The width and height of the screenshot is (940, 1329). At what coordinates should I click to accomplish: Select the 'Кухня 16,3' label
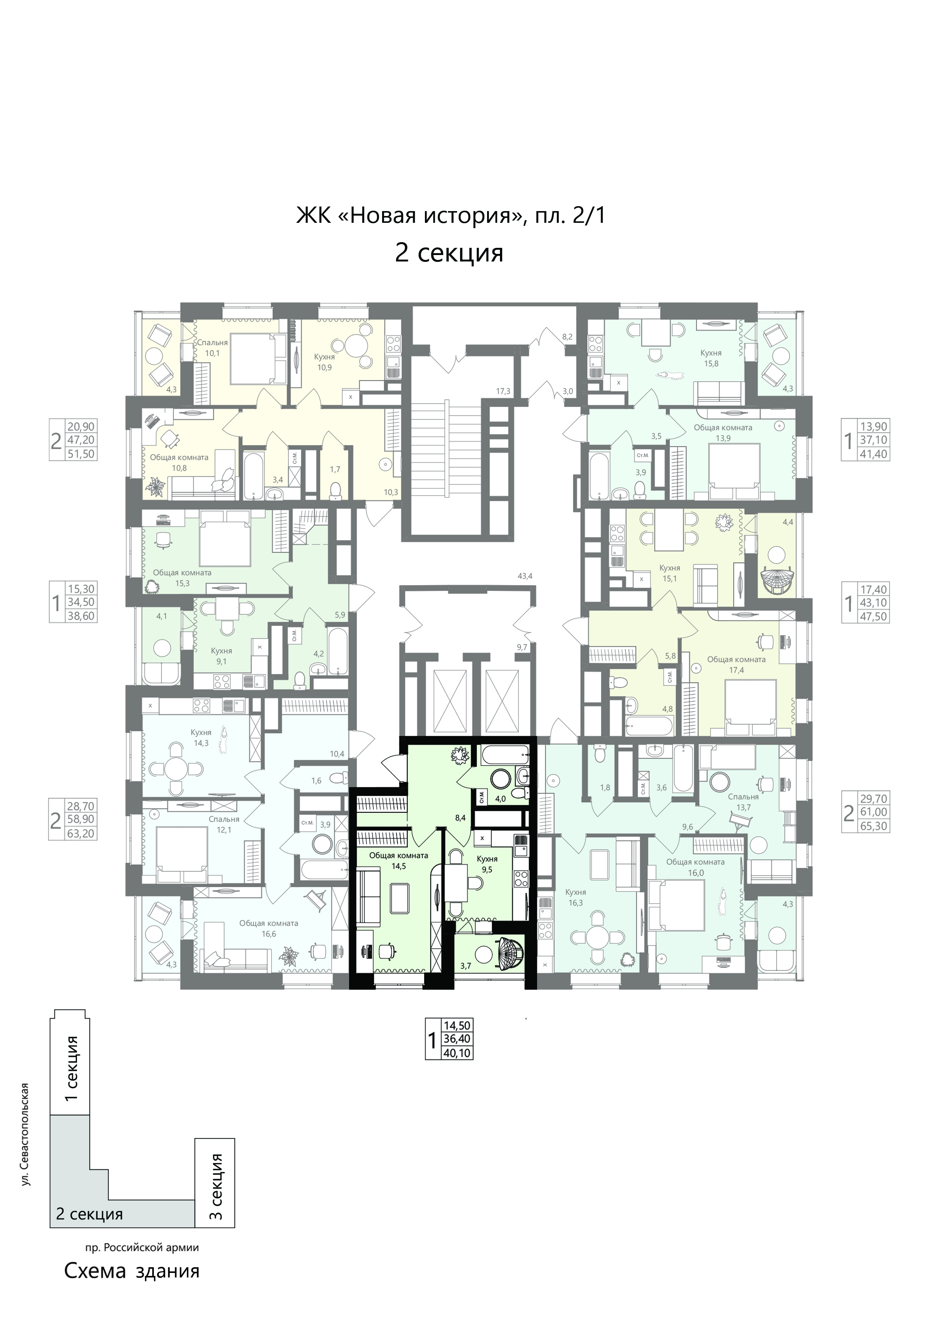pos(576,897)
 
